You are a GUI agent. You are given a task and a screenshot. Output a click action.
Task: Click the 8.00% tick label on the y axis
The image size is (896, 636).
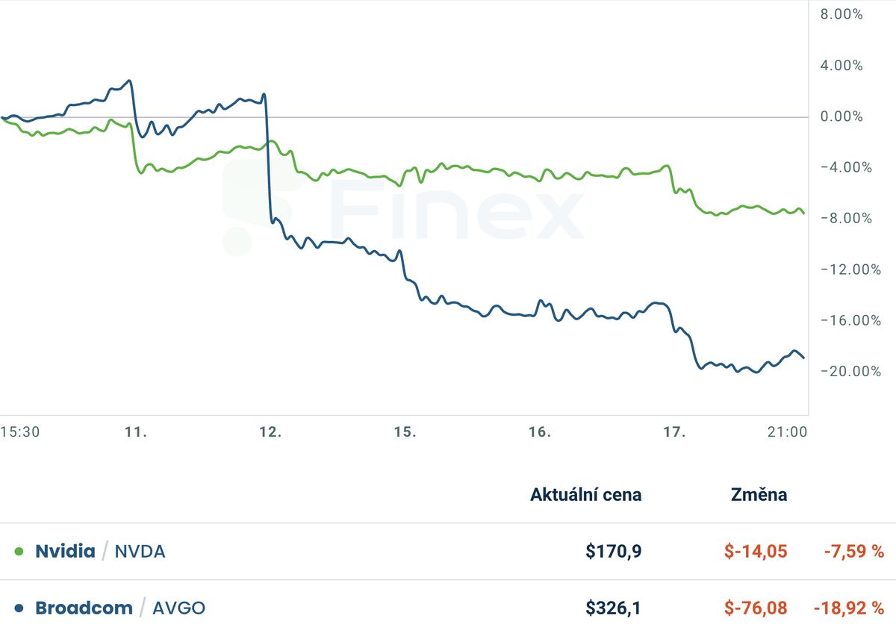841,14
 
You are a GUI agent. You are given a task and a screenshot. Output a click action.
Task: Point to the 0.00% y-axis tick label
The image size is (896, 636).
841,116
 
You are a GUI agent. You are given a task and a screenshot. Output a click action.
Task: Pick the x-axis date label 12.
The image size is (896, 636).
270,432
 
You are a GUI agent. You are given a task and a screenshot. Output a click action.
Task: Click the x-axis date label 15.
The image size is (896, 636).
405,432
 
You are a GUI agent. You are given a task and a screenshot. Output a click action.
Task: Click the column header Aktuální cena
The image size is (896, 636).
585,494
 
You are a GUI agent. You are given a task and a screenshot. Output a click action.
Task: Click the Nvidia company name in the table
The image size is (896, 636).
65,552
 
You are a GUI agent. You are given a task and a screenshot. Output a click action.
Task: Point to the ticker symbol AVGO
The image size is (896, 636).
178,608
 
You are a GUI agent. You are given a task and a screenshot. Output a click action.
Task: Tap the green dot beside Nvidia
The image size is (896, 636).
19,552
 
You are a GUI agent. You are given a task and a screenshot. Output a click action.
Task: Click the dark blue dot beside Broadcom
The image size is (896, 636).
19,608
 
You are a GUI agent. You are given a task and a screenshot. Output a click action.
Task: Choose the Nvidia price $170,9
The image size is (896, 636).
613,552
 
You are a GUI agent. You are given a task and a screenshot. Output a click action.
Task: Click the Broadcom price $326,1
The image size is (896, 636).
613,608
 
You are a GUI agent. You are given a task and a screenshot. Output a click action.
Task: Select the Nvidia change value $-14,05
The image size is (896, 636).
756,552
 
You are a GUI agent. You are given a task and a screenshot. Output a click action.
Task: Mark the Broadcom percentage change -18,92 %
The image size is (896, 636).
848,608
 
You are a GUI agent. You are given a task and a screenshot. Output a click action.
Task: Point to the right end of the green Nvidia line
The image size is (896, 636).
803,213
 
